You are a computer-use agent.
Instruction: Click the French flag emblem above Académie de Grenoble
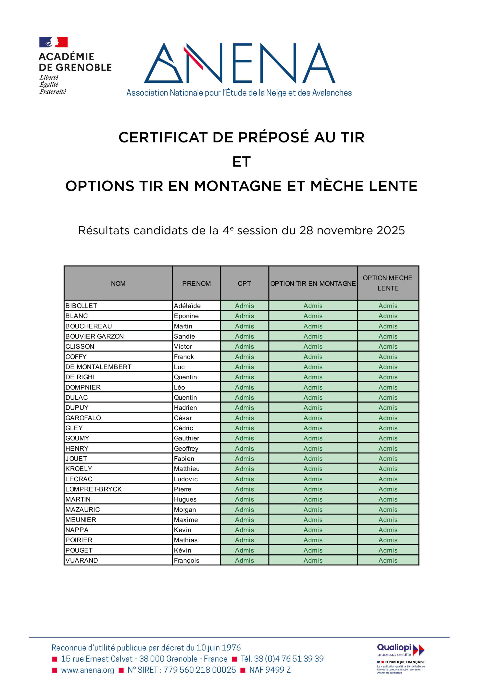(x=54, y=42)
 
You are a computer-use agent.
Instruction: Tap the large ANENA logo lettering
(x=240, y=63)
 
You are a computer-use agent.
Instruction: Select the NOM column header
(x=118, y=284)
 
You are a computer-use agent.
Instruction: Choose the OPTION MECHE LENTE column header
(x=388, y=283)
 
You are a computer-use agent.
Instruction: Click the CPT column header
(x=244, y=284)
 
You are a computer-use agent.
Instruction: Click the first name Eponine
(x=186, y=316)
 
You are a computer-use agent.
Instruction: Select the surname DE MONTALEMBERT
(x=98, y=367)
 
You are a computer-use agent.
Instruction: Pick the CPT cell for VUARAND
(x=244, y=561)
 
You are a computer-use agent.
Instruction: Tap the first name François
(x=187, y=561)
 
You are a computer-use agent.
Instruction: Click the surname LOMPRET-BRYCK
(x=93, y=489)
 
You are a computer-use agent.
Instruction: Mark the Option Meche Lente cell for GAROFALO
(x=388, y=418)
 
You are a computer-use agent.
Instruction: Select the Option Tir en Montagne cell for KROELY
(x=313, y=469)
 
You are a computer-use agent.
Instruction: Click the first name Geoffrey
(x=186, y=448)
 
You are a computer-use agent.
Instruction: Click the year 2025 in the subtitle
(x=390, y=231)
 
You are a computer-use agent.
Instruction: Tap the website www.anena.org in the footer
(x=88, y=670)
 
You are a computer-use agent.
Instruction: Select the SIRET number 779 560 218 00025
(x=199, y=670)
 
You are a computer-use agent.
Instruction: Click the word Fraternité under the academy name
(x=53, y=92)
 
